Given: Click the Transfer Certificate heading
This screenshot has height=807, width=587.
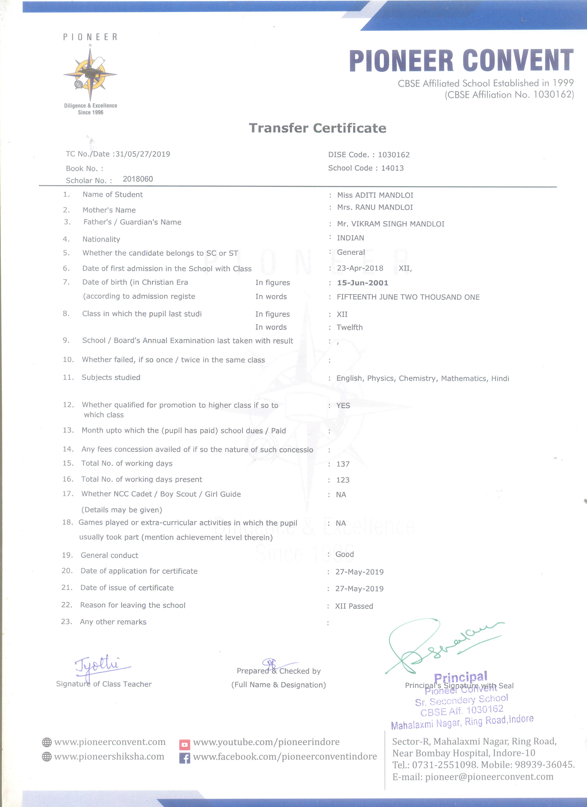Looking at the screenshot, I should (317, 128).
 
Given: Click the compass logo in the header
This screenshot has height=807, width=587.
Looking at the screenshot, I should (90, 74).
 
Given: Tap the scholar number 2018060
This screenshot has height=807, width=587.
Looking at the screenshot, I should (138, 179).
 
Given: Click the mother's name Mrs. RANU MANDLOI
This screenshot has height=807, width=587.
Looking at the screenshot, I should (375, 207).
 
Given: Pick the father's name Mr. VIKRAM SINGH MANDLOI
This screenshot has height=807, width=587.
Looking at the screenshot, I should (390, 224).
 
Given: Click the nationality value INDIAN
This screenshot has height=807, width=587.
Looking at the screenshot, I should (351, 238).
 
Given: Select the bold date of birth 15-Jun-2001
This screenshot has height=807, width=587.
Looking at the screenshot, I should (362, 283).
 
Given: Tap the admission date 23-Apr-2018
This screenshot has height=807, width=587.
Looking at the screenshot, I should (360, 268).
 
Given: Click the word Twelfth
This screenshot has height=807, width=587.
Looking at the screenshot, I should (349, 327).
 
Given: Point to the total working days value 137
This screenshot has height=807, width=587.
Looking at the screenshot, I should (343, 464).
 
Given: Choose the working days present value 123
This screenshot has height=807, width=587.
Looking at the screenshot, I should (343, 480).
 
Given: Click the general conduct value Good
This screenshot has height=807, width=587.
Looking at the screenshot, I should (344, 554).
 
